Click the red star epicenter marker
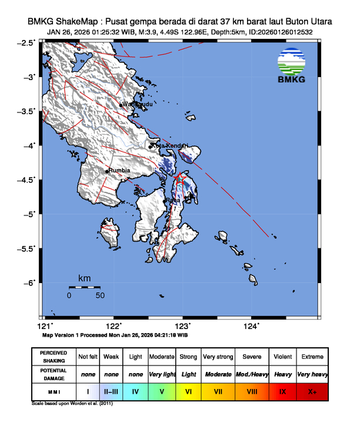point(181,176)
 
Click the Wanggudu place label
point(138,104)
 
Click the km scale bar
point(84,287)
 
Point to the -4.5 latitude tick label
point(28,180)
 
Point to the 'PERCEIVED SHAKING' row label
point(54,357)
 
